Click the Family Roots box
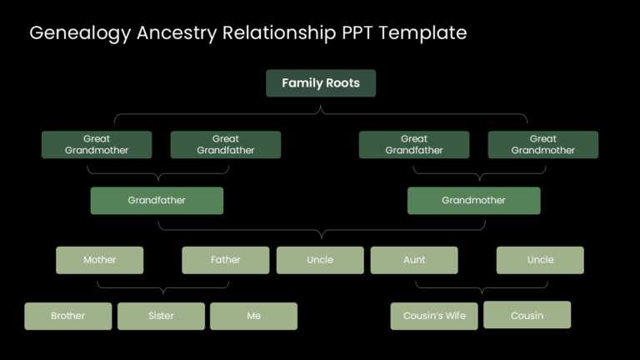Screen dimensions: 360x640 (x=320, y=83)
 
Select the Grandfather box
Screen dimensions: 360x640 (x=157, y=200)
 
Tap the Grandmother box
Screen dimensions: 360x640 (x=473, y=200)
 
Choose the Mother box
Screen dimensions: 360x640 (x=99, y=260)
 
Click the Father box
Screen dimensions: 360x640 (x=225, y=260)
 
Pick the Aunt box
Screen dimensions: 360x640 (x=414, y=260)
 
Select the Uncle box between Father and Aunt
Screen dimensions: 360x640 (x=320, y=260)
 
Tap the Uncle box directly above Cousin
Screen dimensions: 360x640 (x=540, y=260)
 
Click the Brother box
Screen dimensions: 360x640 (x=67, y=316)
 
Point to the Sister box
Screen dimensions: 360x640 (x=161, y=316)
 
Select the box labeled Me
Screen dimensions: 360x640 (x=253, y=316)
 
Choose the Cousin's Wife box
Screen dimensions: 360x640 (x=434, y=316)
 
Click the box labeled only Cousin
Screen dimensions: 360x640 (x=527, y=315)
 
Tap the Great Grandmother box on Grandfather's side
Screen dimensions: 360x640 (x=97, y=144)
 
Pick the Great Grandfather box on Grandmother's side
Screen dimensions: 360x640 (x=414, y=144)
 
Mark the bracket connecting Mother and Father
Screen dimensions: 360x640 (x=162, y=288)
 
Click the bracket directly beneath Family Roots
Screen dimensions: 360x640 (x=321, y=112)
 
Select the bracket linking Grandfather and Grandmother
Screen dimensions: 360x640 (x=321, y=229)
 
